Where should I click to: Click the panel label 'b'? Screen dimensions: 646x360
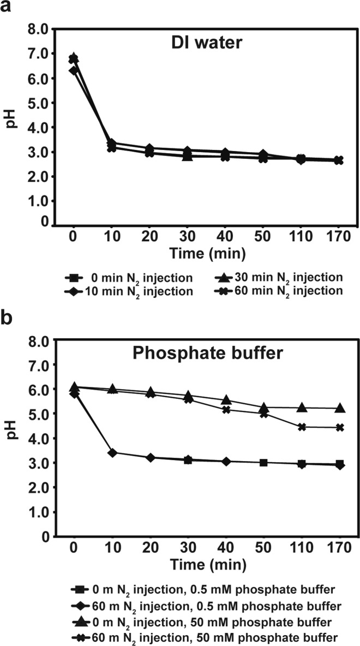click(8, 318)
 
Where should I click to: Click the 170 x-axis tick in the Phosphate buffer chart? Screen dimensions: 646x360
click(340, 551)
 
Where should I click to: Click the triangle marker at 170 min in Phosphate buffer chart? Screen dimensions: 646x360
click(340, 408)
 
